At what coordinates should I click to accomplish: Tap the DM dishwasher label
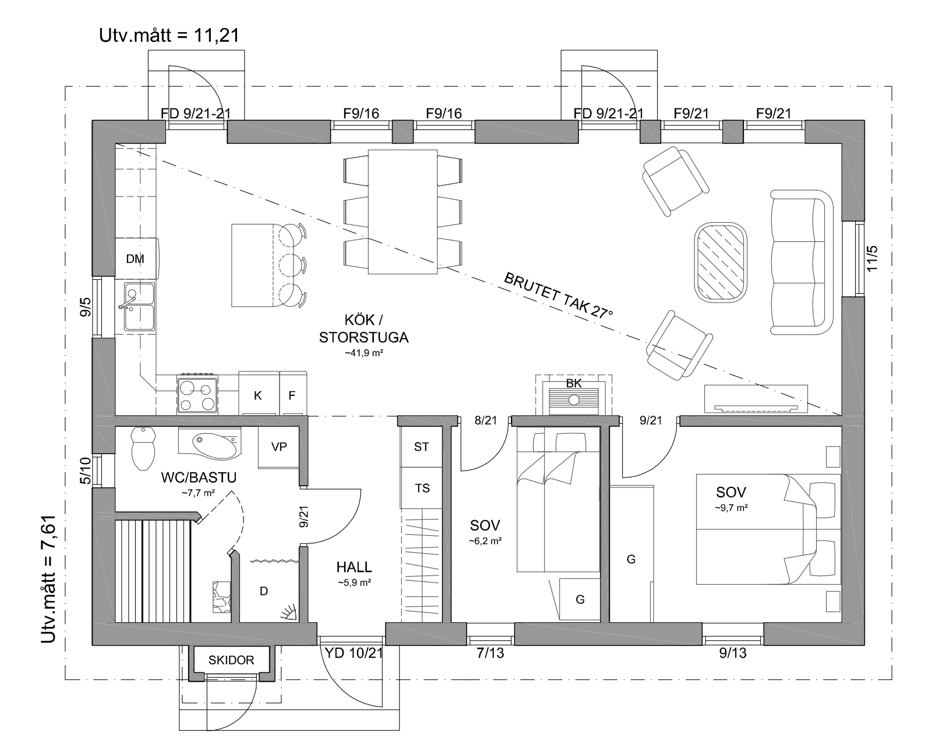click(135, 258)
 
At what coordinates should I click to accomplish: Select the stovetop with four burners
click(197, 395)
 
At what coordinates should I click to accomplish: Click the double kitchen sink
click(139, 306)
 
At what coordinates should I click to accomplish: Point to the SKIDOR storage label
click(231, 660)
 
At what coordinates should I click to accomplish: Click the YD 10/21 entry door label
click(354, 653)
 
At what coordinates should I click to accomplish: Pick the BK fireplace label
click(574, 383)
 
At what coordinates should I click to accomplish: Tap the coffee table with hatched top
click(721, 262)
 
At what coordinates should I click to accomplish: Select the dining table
click(403, 212)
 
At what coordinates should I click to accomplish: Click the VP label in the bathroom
click(279, 447)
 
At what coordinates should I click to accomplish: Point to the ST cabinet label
click(421, 447)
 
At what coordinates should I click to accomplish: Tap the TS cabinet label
click(422, 488)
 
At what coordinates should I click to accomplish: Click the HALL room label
click(354, 567)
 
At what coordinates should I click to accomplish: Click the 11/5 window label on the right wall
click(871, 258)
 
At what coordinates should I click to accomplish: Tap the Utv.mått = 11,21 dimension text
click(169, 36)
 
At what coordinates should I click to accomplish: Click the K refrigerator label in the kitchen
click(257, 396)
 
